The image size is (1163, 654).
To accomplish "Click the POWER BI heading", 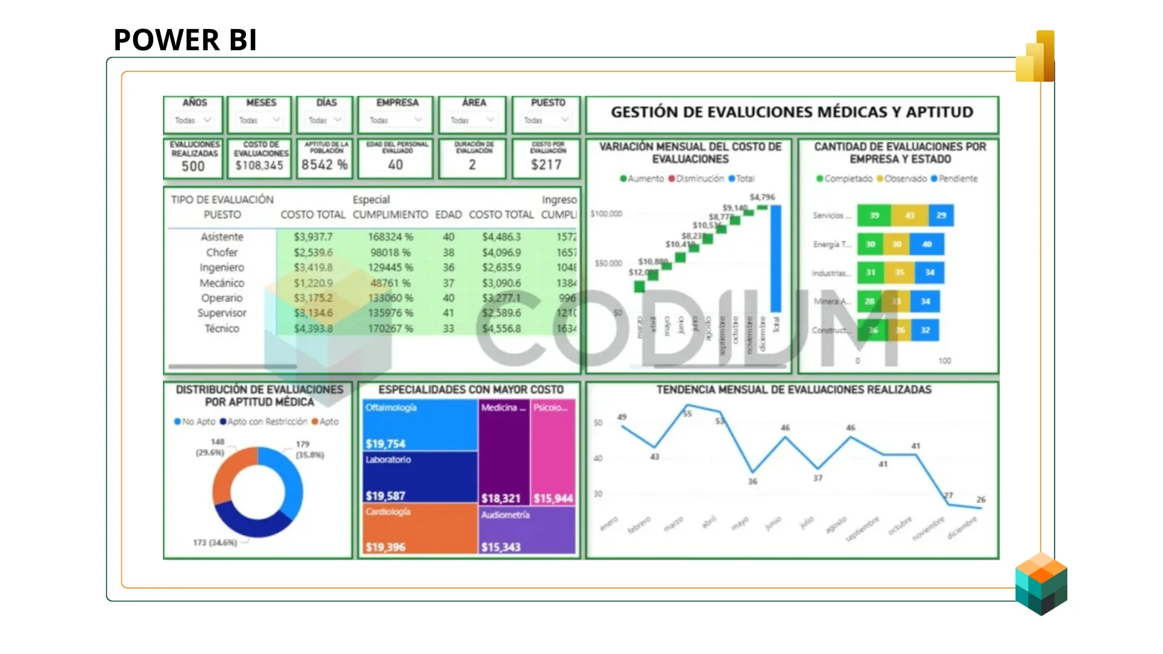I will click(185, 40).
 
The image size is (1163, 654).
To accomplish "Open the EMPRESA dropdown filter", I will click(396, 120).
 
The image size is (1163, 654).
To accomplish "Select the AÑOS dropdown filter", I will click(193, 120).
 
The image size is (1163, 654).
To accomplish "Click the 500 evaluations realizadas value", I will click(193, 167).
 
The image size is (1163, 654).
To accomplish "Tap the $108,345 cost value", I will click(259, 165).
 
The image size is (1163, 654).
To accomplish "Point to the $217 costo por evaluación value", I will click(546, 165).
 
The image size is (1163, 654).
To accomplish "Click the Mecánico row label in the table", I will click(222, 283).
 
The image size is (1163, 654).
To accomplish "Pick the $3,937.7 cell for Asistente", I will click(313, 237).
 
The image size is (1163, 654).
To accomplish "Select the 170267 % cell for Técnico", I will click(390, 328).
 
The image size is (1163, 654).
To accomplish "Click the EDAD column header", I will click(448, 214).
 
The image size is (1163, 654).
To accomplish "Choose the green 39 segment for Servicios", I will click(874, 215).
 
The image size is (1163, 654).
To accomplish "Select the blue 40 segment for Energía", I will click(927, 244).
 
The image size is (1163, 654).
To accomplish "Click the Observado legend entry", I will click(904, 179).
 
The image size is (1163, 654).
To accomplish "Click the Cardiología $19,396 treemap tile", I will click(420, 529).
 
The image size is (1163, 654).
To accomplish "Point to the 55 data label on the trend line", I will click(688, 414).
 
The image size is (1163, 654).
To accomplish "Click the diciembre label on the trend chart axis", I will click(962, 527).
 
